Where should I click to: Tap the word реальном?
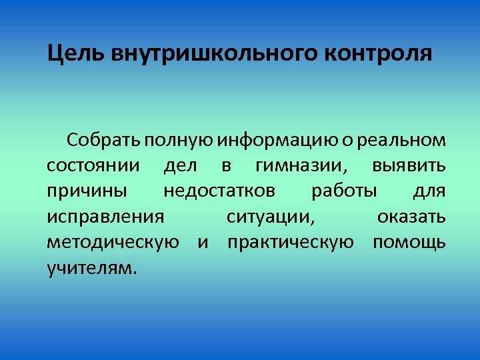coord(401,141)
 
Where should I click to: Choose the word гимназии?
coord(297,166)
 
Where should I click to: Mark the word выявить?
coord(409,166)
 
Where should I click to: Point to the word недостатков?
coord(219,191)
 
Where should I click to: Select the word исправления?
coord(105,217)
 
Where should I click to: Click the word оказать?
coord(411,217)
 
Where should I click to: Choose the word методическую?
coord(113,243)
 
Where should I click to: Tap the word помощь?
coord(409,243)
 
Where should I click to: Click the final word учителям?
coord(91,268)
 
